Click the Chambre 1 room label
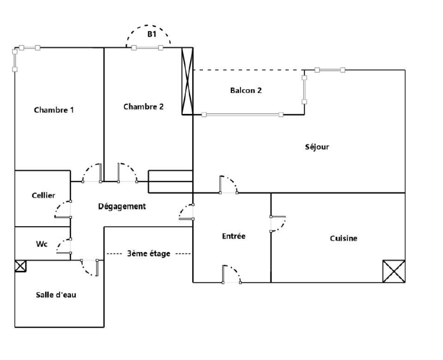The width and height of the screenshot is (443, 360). (54, 110)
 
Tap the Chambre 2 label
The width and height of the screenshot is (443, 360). (143, 107)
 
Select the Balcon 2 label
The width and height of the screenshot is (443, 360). (246, 90)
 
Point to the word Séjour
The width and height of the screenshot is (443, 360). (317, 147)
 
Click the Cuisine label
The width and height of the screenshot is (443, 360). (344, 238)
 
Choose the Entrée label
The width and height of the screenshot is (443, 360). (234, 236)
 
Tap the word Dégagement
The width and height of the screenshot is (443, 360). (122, 206)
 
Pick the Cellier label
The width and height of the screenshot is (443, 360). (43, 195)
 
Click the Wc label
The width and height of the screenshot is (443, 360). (42, 244)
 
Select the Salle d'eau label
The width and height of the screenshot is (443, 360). (56, 295)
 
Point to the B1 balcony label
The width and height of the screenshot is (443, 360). (152, 34)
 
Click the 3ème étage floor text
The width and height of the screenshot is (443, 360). (149, 254)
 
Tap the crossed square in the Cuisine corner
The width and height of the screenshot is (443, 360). (394, 271)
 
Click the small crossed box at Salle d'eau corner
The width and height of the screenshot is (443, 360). (20, 266)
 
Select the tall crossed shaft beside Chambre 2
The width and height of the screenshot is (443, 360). (187, 81)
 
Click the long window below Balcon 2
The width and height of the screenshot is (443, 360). (243, 115)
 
